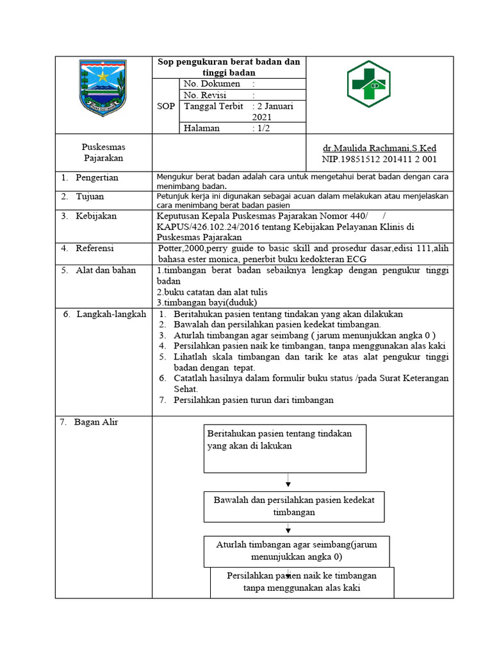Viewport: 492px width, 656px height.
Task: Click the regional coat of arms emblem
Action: tap(102, 86)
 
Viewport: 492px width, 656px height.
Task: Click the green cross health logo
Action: tap(377, 85)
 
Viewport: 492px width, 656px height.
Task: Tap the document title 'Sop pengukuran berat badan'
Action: tap(229, 67)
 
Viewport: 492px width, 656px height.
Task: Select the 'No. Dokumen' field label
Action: tap(212, 84)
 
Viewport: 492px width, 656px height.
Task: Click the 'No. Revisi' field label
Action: tap(207, 95)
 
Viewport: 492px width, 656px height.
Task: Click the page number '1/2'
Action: tap(264, 128)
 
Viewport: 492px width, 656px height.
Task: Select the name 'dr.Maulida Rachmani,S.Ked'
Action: tap(379, 148)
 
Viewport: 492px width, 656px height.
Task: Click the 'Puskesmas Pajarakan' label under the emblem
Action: tap(103, 152)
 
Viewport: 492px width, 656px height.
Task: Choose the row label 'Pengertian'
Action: tap(97, 177)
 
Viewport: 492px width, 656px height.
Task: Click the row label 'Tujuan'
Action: tap(90, 196)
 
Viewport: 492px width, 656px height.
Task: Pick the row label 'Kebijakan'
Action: tap(96, 216)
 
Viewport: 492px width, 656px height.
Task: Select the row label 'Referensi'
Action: tap(96, 247)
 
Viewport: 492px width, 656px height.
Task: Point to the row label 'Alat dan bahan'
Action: tap(106, 270)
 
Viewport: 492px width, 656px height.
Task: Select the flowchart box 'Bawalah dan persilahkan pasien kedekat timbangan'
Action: tap(294, 506)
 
